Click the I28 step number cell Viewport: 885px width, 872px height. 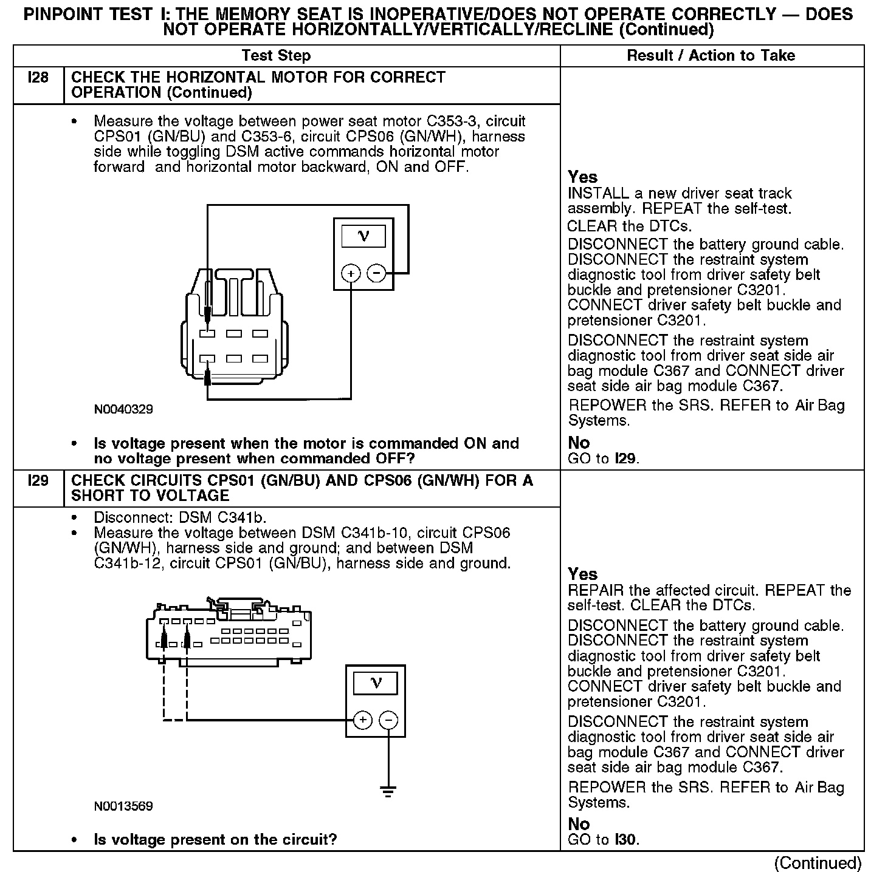pyautogui.click(x=38, y=78)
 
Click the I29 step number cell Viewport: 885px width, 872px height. pyautogui.click(x=38, y=481)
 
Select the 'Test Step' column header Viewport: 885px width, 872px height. pyautogui.click(x=276, y=56)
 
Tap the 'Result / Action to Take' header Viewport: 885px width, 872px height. pyautogui.click(x=711, y=56)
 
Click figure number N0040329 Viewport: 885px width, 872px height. pyautogui.click(x=123, y=409)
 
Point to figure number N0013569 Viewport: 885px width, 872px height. pyautogui.click(x=123, y=806)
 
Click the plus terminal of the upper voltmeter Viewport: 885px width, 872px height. pyautogui.click(x=351, y=273)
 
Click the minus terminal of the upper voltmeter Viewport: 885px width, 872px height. pyautogui.click(x=376, y=273)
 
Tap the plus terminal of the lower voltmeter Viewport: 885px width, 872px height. pyautogui.click(x=362, y=720)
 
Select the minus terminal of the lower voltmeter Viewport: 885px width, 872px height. pyautogui.click(x=388, y=720)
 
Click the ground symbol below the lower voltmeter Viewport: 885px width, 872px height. pyautogui.click(x=388, y=791)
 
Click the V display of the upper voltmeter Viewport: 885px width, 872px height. pyautogui.click(x=363, y=236)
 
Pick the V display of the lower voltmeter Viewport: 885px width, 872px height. pyautogui.click(x=376, y=683)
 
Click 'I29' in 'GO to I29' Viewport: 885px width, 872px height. pyautogui.click(x=626, y=458)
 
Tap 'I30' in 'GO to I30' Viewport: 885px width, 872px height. pyautogui.click(x=626, y=840)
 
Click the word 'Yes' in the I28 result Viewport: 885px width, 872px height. pyautogui.click(x=583, y=177)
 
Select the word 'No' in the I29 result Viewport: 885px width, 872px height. pyautogui.click(x=579, y=824)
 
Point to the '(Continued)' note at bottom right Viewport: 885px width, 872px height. pyautogui.click(x=818, y=862)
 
